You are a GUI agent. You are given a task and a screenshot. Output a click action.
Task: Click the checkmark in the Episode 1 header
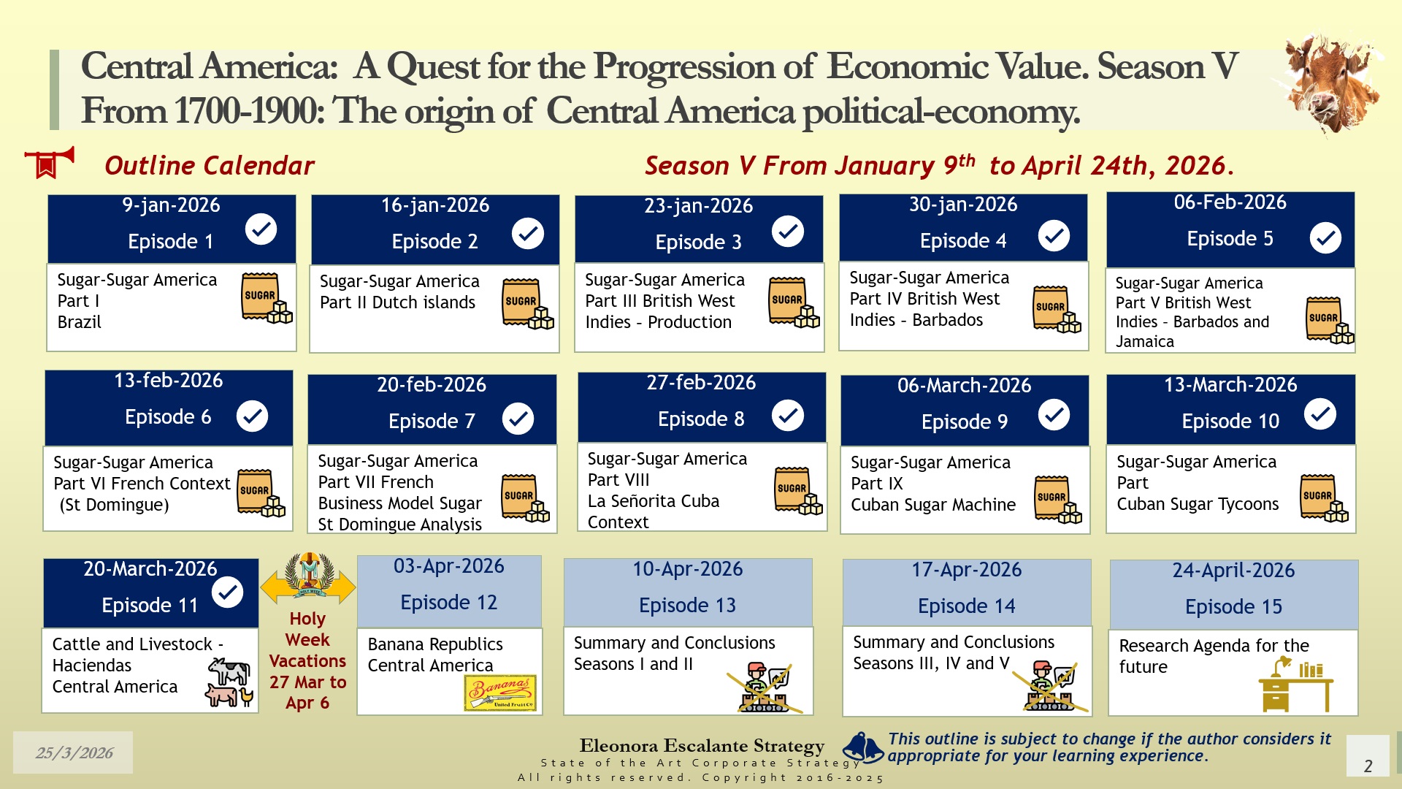click(x=261, y=229)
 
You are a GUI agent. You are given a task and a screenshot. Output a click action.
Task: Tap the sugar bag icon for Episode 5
click(x=1330, y=320)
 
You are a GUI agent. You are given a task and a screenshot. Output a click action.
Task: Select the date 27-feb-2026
click(x=701, y=382)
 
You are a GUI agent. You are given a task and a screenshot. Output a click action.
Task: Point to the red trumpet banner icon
click(x=49, y=162)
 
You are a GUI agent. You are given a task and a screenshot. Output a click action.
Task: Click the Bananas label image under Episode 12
click(x=501, y=692)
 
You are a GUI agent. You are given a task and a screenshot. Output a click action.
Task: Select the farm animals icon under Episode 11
click(x=230, y=682)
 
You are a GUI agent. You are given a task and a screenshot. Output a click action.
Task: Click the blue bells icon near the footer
click(x=864, y=747)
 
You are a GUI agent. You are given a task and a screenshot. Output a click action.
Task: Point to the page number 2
click(x=1368, y=766)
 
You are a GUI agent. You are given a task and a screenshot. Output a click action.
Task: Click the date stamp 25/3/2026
click(x=74, y=752)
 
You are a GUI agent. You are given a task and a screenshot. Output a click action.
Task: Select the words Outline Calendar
click(x=210, y=166)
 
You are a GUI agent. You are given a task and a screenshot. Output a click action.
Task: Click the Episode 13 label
click(x=687, y=605)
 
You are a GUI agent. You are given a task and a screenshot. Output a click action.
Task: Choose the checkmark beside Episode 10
click(x=1320, y=414)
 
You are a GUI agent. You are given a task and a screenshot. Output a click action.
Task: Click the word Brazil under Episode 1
click(x=80, y=322)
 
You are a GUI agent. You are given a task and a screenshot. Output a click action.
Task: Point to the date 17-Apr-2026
click(x=966, y=569)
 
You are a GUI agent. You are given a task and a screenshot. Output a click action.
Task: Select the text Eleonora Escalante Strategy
click(x=702, y=745)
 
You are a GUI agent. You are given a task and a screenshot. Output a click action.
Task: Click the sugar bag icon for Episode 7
click(x=525, y=498)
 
